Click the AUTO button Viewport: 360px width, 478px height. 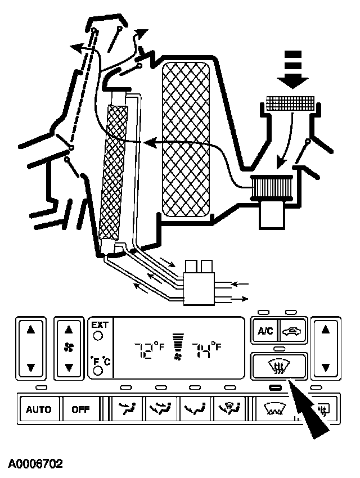(38, 409)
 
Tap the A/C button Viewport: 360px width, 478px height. (265, 331)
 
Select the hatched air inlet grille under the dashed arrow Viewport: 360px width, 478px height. (290, 104)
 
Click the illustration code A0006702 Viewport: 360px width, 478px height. (35, 464)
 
